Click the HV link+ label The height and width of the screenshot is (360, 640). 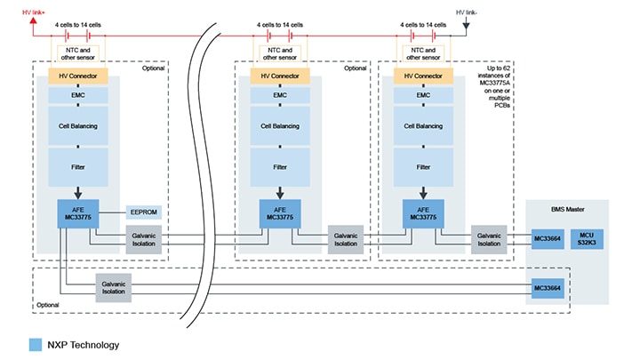point(33,12)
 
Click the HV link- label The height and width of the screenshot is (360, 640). point(468,12)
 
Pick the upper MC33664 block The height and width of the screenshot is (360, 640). point(548,239)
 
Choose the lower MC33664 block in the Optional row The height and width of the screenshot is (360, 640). point(548,290)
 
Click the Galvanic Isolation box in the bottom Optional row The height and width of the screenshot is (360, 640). point(114,286)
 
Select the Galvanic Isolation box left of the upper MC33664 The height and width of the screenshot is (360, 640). point(489,239)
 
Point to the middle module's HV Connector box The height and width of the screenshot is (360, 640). point(280,77)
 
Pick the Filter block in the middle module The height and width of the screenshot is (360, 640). point(280,166)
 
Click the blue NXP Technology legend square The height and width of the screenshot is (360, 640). point(36,344)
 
